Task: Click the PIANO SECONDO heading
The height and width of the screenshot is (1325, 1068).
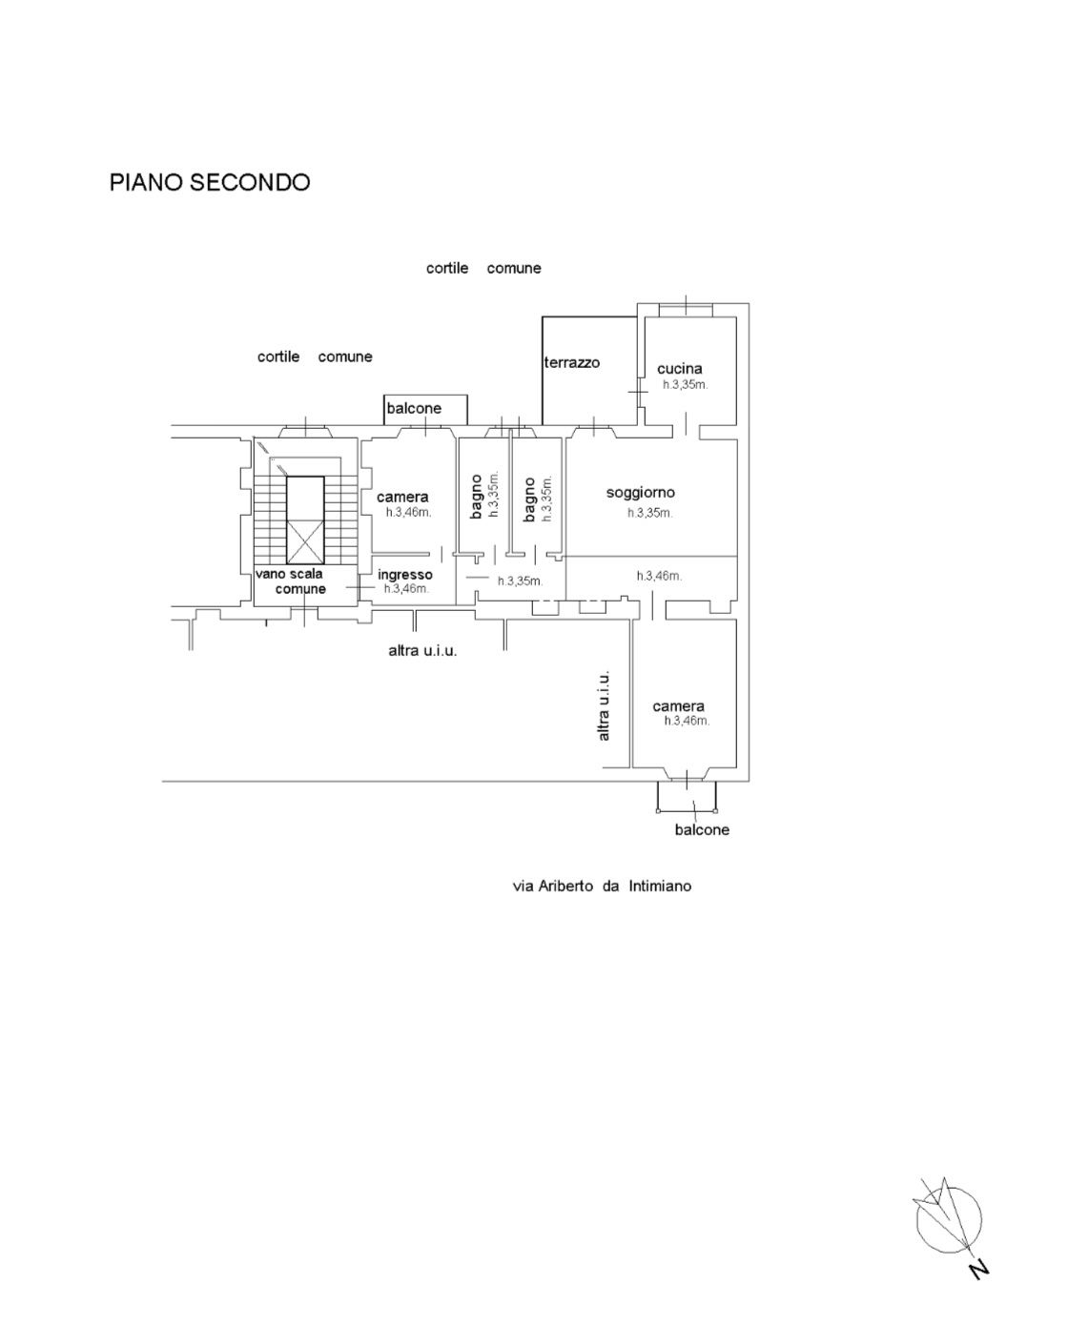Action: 210,182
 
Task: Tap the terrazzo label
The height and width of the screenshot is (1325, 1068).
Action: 572,362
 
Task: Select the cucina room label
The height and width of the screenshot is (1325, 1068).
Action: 679,368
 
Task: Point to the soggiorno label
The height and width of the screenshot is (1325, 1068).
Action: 641,493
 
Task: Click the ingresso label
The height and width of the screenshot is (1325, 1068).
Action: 405,575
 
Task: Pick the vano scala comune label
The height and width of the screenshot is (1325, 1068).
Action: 291,581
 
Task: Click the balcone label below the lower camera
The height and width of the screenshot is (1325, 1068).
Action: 702,829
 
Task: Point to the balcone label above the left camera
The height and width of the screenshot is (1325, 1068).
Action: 414,408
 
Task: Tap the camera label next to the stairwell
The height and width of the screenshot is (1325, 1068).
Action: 402,497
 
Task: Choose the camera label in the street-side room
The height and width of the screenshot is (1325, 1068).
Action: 679,706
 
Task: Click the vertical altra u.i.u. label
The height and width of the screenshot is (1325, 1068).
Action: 604,705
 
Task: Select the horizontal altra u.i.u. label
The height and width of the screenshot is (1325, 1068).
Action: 422,650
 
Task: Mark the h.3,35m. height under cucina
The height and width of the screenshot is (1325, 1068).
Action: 686,385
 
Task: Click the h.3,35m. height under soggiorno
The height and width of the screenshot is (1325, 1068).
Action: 650,513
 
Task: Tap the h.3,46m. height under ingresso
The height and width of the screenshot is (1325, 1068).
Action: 406,588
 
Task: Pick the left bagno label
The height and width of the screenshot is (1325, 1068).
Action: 476,497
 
